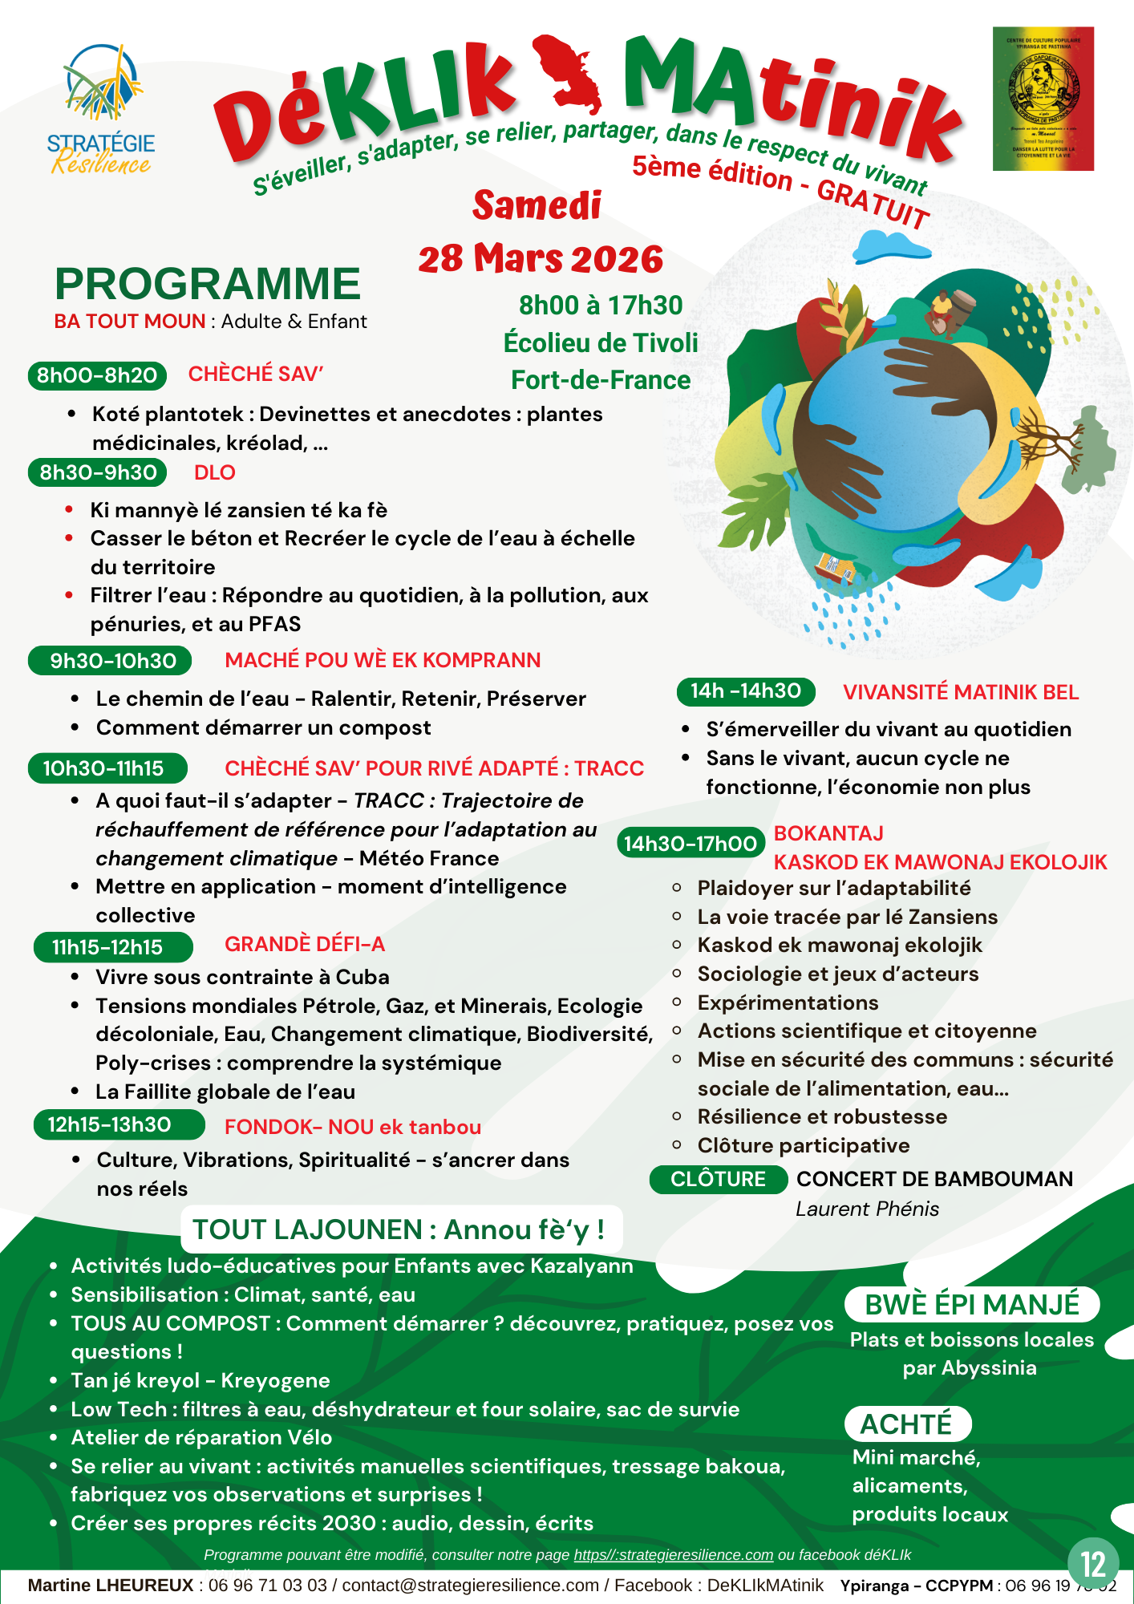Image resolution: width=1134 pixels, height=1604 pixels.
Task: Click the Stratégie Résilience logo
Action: [101, 109]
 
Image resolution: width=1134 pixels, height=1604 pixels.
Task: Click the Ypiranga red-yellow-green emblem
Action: [1043, 99]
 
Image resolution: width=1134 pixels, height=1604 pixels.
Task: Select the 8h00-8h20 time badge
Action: [97, 375]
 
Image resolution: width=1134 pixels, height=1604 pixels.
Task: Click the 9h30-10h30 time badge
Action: [111, 661]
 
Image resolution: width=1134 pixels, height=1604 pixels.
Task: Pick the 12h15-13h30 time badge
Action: [110, 1124]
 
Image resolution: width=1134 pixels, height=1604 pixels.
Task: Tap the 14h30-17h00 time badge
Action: [690, 843]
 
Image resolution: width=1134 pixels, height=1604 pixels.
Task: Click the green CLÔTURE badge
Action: [718, 1179]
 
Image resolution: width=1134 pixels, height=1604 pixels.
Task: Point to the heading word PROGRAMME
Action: [208, 284]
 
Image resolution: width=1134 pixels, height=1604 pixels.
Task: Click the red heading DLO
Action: [215, 472]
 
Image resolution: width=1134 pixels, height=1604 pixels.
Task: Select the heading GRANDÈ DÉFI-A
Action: [305, 944]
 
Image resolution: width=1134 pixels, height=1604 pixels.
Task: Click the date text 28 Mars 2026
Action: [541, 259]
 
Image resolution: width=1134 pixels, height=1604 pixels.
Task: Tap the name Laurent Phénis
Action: [867, 1209]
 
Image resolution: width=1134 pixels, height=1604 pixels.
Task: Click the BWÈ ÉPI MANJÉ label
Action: [972, 1305]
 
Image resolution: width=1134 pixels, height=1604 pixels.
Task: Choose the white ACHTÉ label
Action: [907, 1424]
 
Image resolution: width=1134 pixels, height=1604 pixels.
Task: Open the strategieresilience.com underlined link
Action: [674, 1555]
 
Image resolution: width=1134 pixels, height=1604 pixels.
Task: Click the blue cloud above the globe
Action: [889, 245]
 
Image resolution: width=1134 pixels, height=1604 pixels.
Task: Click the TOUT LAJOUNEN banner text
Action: [399, 1229]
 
